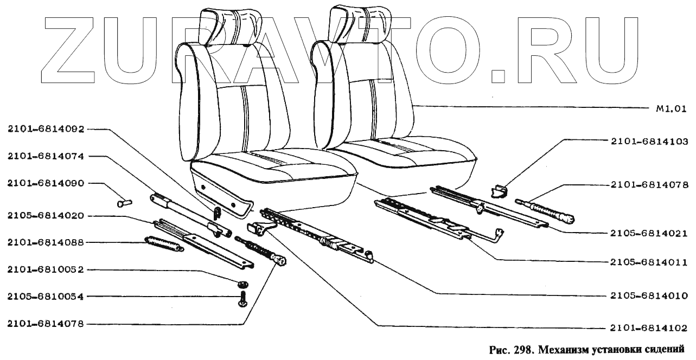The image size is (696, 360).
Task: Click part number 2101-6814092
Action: (x=46, y=129)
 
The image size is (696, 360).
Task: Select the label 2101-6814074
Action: (x=46, y=156)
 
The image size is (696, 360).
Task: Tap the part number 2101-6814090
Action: (x=46, y=183)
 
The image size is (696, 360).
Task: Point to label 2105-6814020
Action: (x=46, y=216)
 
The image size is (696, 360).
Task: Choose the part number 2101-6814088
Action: (x=46, y=242)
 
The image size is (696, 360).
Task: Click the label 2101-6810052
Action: (x=46, y=269)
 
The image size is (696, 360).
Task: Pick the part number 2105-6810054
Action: (x=46, y=297)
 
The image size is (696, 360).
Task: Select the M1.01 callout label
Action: (x=668, y=107)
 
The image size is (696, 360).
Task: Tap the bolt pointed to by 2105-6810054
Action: (x=241, y=299)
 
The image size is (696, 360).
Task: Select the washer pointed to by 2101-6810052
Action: (x=242, y=284)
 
